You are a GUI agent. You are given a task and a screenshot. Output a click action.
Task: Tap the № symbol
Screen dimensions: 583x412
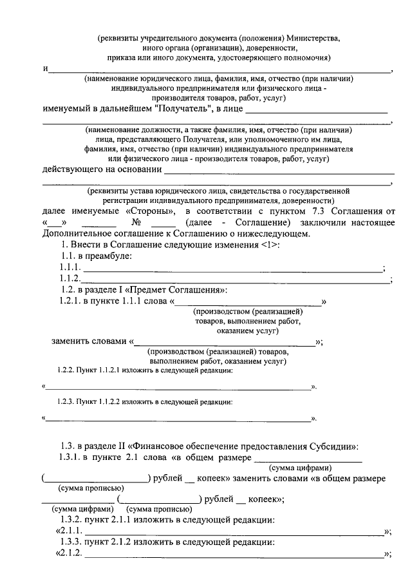click(x=135, y=222)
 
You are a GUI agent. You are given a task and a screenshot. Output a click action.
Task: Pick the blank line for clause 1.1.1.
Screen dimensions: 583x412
click(x=232, y=270)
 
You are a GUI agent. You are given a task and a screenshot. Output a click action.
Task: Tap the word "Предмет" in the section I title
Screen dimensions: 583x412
click(x=142, y=290)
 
